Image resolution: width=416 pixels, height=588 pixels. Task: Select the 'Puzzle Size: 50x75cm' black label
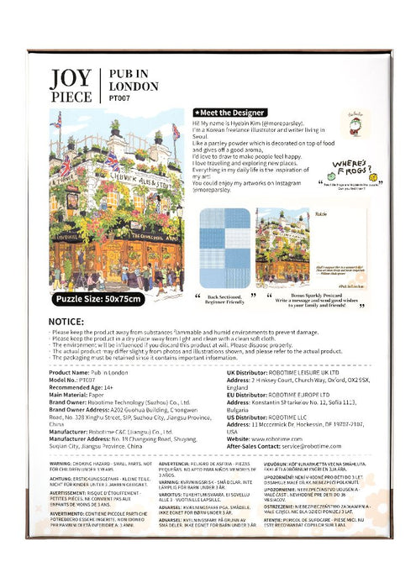[x=99, y=299]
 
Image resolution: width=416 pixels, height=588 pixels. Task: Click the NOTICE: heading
[x=71, y=322]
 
